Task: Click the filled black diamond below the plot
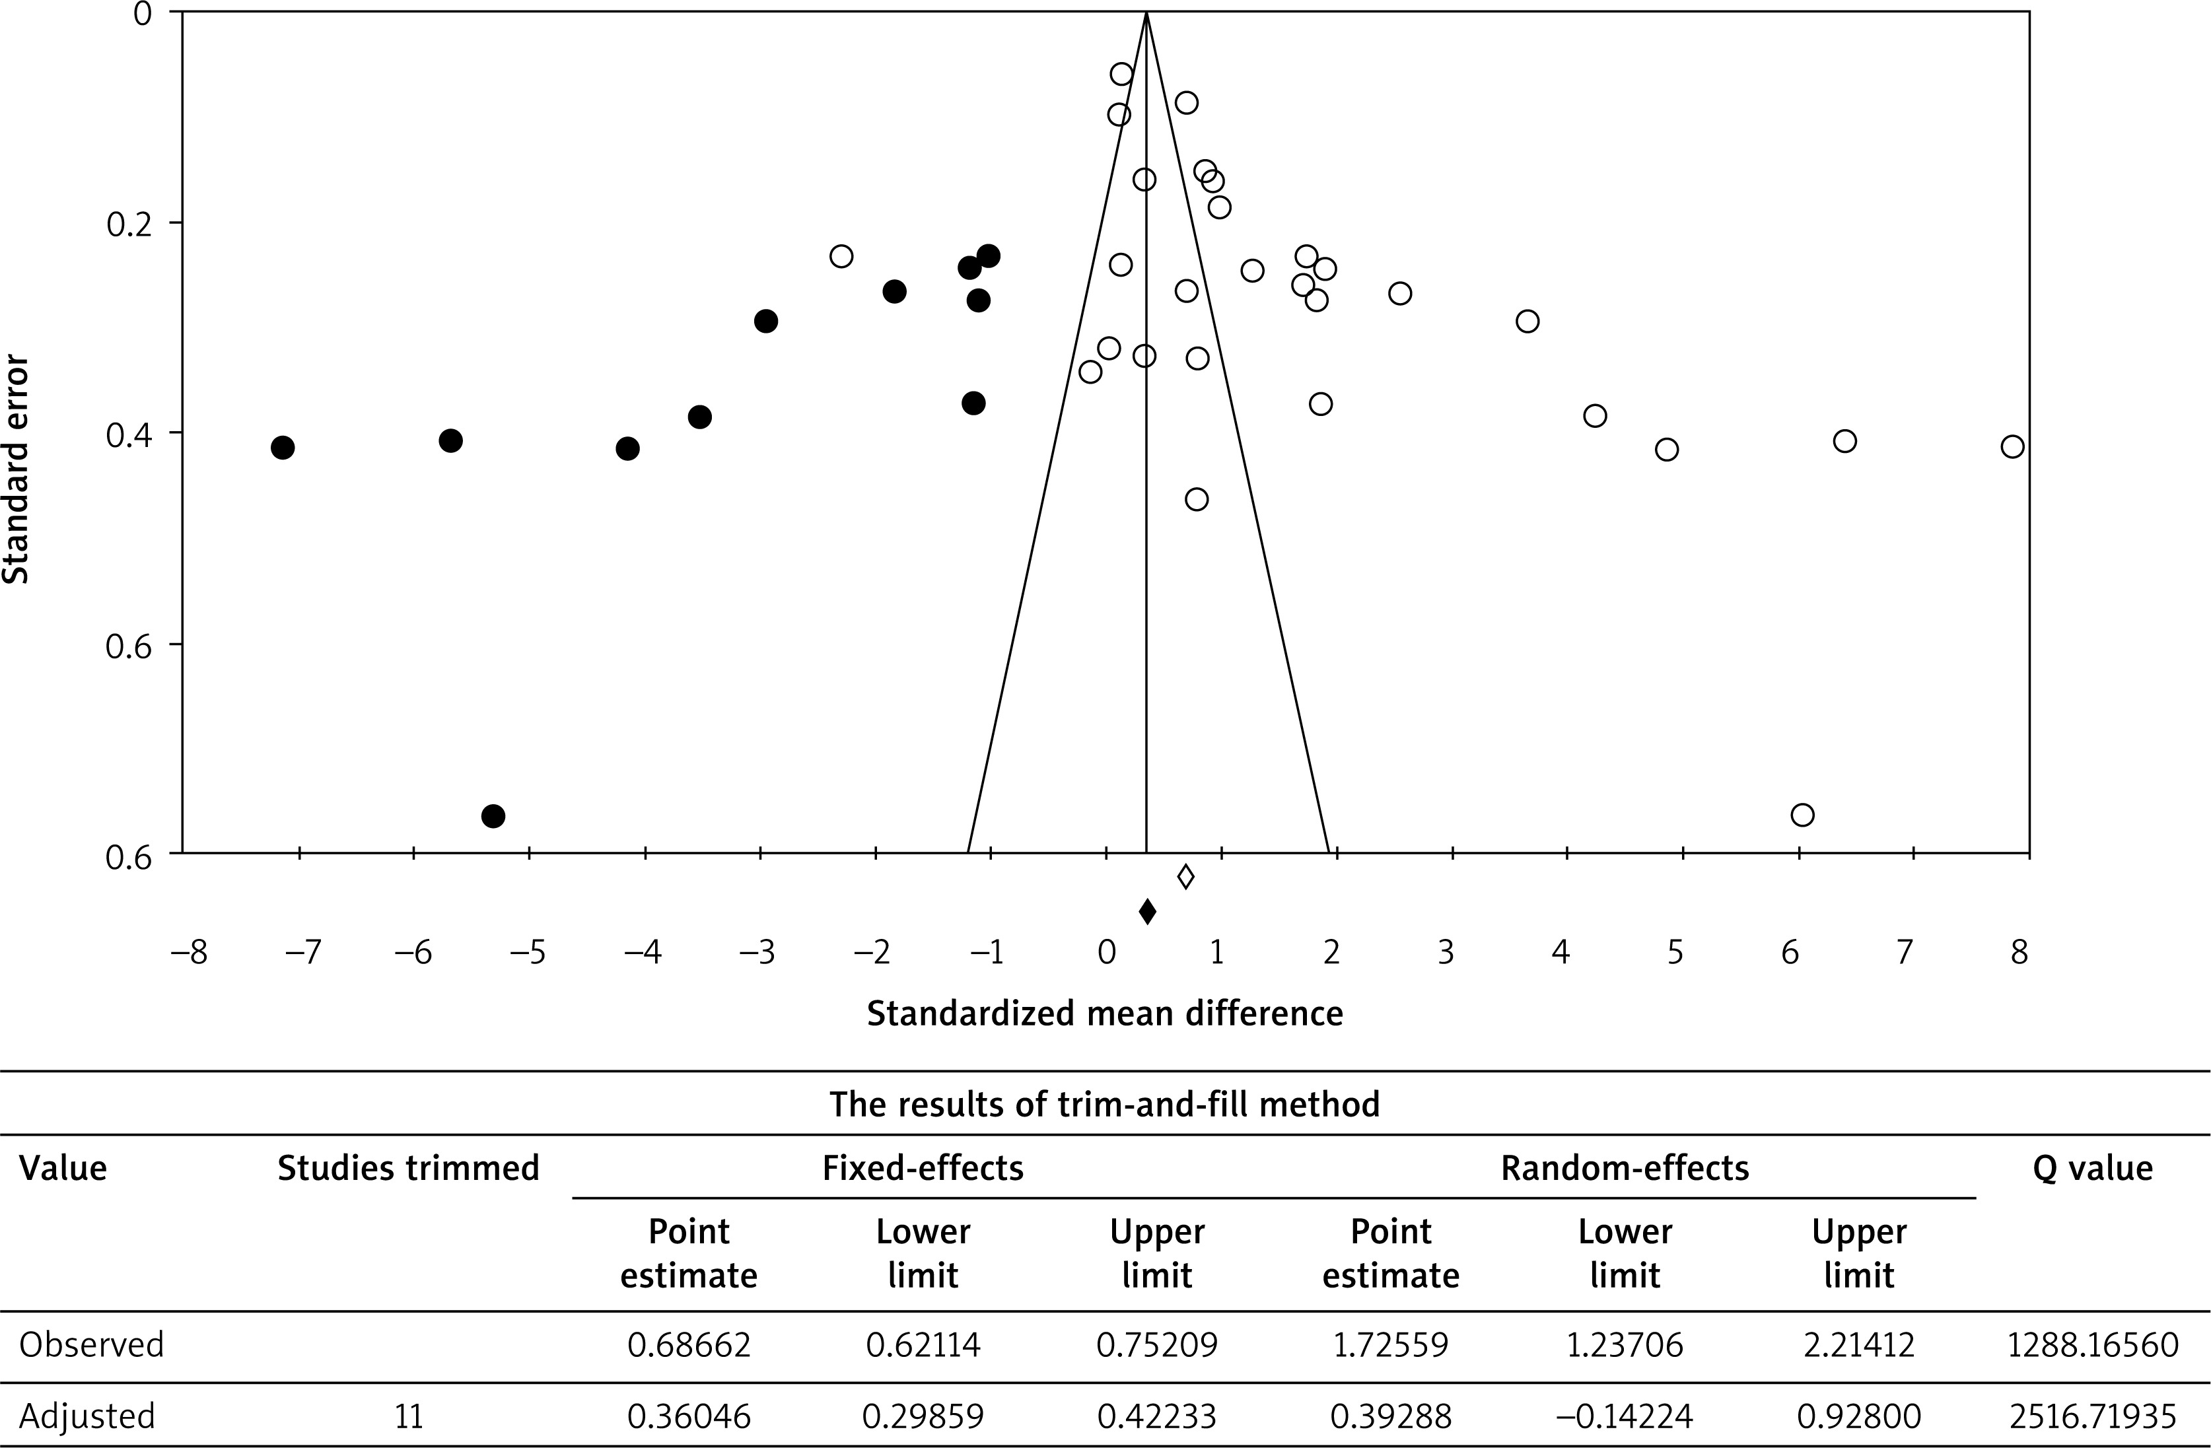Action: click(1147, 911)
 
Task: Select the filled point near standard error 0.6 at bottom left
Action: click(493, 816)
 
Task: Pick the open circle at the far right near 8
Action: click(2012, 447)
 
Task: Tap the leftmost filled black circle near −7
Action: click(283, 448)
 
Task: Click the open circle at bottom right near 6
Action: click(1802, 815)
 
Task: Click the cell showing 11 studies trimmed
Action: click(409, 1416)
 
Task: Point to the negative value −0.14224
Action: click(1625, 1416)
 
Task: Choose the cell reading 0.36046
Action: click(688, 1416)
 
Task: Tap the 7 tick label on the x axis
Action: click(1905, 953)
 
